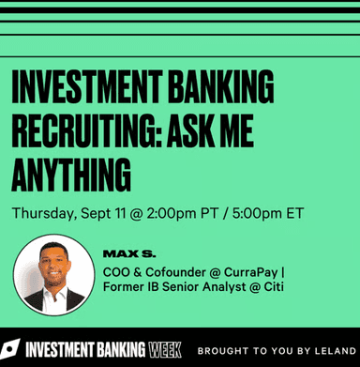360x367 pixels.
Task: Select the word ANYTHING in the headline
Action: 71,176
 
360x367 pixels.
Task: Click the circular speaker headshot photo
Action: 53,274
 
